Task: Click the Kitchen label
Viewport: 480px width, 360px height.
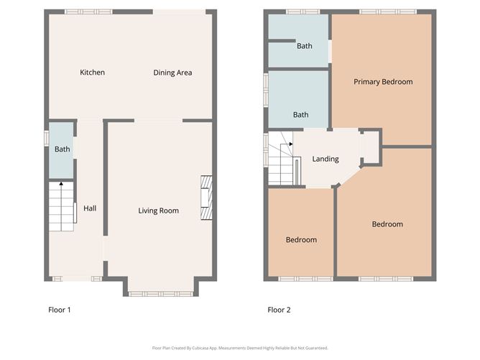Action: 92,73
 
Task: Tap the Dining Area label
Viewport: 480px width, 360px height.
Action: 172,73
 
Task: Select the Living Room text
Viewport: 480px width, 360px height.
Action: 158,211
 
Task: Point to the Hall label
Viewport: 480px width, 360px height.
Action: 90,208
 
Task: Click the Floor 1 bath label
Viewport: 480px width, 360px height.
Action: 62,149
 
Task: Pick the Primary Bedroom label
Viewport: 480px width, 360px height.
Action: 383,82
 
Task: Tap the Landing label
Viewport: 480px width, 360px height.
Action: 326,159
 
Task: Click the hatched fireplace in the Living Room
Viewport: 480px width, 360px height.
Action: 206,198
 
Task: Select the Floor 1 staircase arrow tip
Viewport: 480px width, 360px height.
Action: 61,183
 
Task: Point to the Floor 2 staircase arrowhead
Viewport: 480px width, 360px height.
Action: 292,144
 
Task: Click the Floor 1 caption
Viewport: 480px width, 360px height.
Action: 60,310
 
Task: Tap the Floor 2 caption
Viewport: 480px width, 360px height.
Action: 279,310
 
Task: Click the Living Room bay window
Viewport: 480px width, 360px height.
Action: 161,294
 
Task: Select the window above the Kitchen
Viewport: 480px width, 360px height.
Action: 88,12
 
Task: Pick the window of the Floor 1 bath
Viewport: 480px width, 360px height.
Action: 47,138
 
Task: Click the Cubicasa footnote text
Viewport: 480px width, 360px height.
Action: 240,348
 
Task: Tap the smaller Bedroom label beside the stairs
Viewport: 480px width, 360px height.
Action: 301,240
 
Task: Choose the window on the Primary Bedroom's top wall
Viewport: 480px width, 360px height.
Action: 388,12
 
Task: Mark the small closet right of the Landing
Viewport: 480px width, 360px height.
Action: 371,147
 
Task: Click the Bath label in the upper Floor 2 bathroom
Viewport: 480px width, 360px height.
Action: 305,46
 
